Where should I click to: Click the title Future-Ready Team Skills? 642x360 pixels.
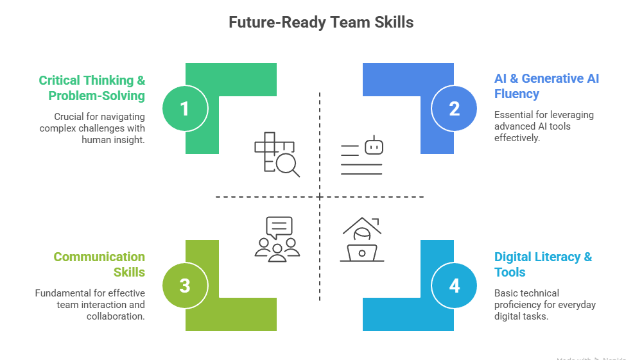(321, 22)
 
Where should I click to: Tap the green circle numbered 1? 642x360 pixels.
(184, 108)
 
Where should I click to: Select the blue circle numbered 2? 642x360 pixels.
(455, 108)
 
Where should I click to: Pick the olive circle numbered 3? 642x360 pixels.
(184, 286)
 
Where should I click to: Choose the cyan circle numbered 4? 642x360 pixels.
(455, 286)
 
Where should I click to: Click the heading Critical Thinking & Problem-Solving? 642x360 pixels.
(92, 88)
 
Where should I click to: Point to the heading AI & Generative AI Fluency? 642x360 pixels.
(546, 86)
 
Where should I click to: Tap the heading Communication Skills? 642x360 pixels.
(99, 264)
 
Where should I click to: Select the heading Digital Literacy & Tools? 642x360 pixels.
(543, 264)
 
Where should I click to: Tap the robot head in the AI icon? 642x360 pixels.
(374, 146)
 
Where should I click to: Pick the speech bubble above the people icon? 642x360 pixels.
(279, 227)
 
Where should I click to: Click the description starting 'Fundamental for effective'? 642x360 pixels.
(90, 304)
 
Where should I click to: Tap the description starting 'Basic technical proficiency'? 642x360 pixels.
(544, 304)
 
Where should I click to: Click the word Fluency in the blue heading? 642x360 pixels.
(516, 94)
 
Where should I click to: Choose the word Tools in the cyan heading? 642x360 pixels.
(510, 272)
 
